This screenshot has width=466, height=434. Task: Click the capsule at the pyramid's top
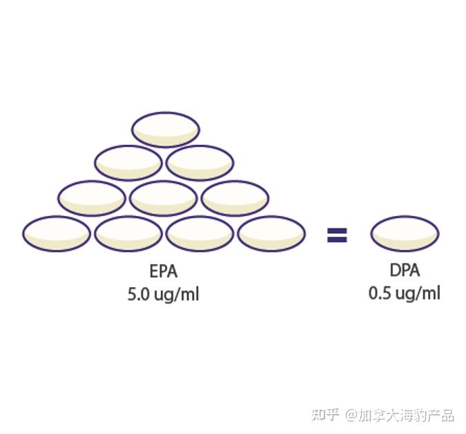[x=166, y=129]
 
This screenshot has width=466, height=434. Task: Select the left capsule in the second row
[x=128, y=163]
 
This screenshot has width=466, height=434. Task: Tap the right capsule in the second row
[x=200, y=163]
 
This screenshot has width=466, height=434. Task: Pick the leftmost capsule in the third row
[x=92, y=198]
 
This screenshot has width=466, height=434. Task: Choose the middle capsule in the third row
[x=164, y=198]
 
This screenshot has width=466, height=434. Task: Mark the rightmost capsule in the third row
[x=235, y=198]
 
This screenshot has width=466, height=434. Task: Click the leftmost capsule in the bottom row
[x=57, y=233]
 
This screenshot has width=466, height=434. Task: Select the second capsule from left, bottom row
[x=128, y=233]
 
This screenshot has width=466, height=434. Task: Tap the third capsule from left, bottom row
[x=200, y=233]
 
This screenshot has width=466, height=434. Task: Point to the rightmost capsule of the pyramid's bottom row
[x=271, y=233]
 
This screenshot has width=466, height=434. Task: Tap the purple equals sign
[x=337, y=237]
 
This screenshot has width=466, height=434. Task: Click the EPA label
[x=164, y=270]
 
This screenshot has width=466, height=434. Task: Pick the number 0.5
[x=380, y=293]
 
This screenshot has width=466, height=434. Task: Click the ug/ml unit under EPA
[x=177, y=295]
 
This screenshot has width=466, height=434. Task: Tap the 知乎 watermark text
[x=325, y=415]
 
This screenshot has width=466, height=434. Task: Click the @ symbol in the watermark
[x=352, y=415]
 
